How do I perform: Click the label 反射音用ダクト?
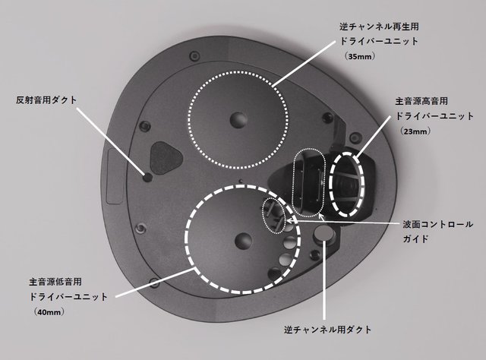(46, 100)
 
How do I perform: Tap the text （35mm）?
(360, 56)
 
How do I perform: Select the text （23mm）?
(415, 131)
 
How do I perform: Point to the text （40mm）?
(49, 312)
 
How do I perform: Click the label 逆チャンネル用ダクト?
(327, 330)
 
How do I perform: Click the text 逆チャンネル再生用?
(380, 27)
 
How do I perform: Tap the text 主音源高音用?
(422, 101)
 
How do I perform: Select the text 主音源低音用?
(55, 282)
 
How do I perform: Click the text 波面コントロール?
(437, 224)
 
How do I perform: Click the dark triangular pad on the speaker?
(166, 157)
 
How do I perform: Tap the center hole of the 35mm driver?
(238, 119)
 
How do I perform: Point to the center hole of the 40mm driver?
(244, 241)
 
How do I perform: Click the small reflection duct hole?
(147, 178)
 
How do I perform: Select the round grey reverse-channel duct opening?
(324, 233)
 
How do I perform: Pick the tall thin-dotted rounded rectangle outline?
(293, 183)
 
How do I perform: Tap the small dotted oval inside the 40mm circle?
(264, 215)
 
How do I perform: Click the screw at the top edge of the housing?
(194, 56)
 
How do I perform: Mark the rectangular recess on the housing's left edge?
(114, 175)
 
